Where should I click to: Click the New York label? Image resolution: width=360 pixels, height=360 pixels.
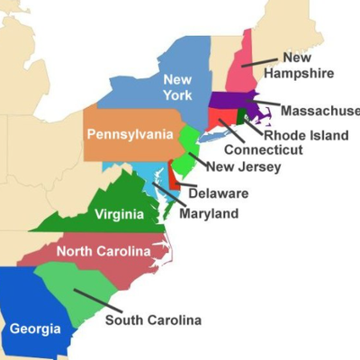(177, 86)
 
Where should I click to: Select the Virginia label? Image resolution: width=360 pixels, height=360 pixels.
(119, 214)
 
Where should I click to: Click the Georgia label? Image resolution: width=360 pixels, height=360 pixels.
(35, 328)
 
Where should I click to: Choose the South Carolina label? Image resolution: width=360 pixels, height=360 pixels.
(153, 319)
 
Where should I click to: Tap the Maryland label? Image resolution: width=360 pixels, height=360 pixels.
(208, 213)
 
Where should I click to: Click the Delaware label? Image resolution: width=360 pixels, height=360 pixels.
(219, 193)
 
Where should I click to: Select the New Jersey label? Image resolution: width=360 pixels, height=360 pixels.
(243, 166)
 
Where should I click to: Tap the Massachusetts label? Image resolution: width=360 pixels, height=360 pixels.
(320, 111)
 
